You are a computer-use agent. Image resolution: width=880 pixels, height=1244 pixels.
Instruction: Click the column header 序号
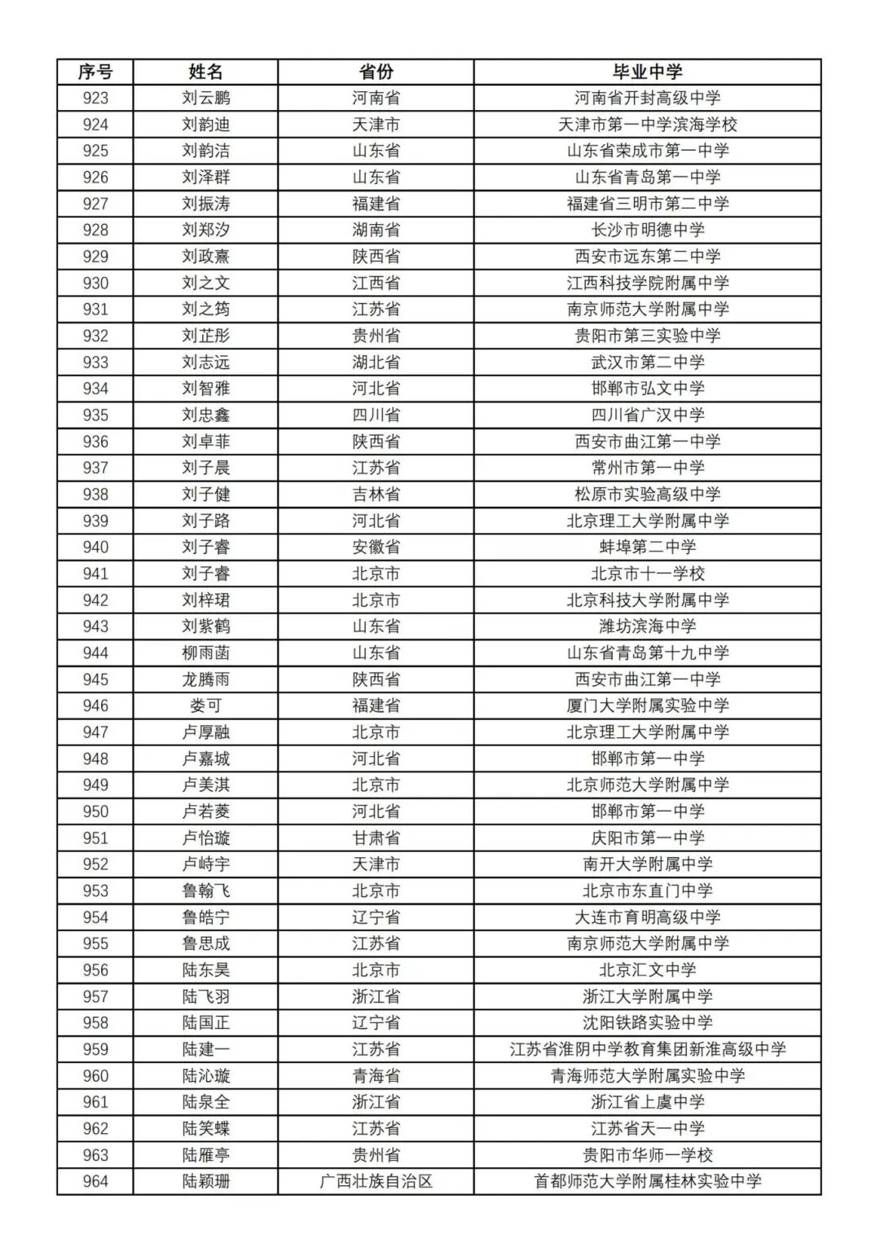click(x=95, y=72)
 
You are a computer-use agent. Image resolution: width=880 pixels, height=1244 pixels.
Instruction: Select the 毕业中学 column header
click(x=647, y=72)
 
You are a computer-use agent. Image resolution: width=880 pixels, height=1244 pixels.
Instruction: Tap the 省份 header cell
click(x=376, y=72)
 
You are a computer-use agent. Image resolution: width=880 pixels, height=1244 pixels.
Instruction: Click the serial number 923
click(x=95, y=98)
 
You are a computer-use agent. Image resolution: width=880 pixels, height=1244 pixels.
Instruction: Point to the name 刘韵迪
click(x=205, y=125)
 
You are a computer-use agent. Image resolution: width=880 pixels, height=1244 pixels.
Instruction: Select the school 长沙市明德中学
click(x=647, y=230)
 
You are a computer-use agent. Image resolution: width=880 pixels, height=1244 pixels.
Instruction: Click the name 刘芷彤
click(x=205, y=336)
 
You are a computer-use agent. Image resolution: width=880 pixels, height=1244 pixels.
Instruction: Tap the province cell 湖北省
click(x=376, y=363)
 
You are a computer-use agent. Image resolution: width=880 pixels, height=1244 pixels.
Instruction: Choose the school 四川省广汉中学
click(x=647, y=415)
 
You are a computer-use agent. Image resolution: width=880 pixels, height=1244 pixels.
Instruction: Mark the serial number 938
click(x=95, y=495)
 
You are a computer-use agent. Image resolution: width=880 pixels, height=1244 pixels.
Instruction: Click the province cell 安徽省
click(x=376, y=547)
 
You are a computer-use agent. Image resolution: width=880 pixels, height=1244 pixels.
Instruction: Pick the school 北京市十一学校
click(x=647, y=574)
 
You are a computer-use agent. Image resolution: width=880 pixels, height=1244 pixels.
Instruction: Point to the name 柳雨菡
click(x=205, y=653)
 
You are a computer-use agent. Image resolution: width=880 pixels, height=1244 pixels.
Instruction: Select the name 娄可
click(x=205, y=706)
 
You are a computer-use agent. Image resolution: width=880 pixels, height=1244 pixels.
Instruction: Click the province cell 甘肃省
click(x=376, y=837)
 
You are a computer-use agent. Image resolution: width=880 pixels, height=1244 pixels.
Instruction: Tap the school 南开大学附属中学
click(x=647, y=864)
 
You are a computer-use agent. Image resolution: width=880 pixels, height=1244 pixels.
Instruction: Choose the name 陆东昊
click(x=205, y=969)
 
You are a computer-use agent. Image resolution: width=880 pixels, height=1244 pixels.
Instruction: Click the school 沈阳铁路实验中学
click(x=647, y=1022)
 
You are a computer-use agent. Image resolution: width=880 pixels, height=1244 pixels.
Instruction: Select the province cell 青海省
click(x=376, y=1075)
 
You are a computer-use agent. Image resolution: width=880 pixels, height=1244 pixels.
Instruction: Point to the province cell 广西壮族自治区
click(x=376, y=1181)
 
